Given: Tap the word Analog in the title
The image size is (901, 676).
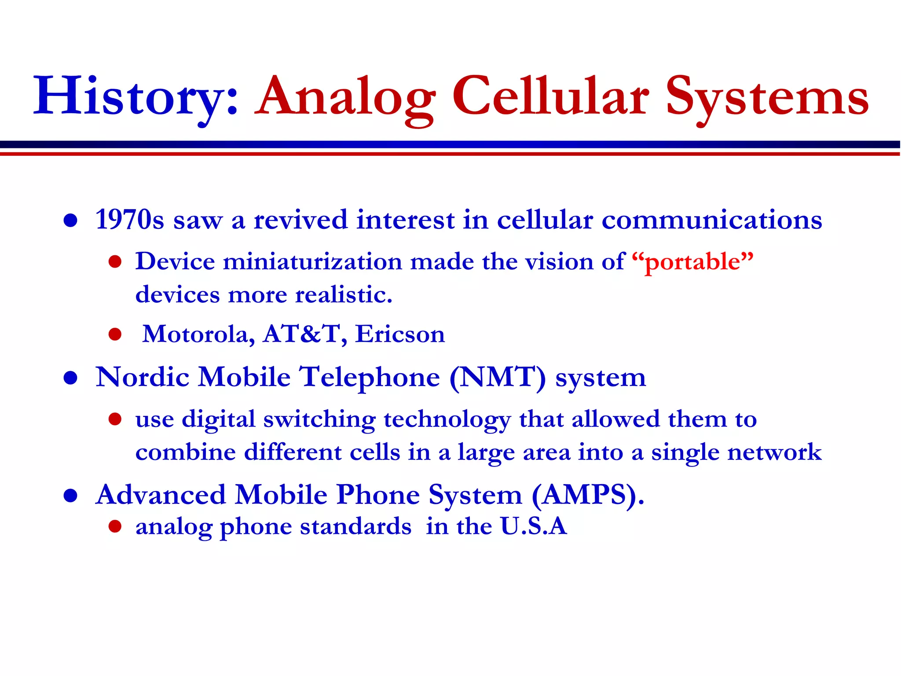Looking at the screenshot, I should coord(345,97).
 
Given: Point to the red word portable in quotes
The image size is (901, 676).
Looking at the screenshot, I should coord(692,262).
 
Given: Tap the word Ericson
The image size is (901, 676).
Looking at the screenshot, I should coord(400,334).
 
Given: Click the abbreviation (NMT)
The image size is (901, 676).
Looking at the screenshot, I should coord(497,378).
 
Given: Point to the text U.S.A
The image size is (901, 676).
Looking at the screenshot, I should coord(533,526).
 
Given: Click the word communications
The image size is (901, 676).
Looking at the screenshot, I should coord(711,220).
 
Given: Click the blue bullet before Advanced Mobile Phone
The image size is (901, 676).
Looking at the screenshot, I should coord(70,496).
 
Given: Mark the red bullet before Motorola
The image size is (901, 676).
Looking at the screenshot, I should coord(115,334).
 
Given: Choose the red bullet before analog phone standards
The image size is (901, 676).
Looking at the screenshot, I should coord(115,526).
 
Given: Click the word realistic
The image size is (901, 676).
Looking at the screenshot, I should coord(343,294).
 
